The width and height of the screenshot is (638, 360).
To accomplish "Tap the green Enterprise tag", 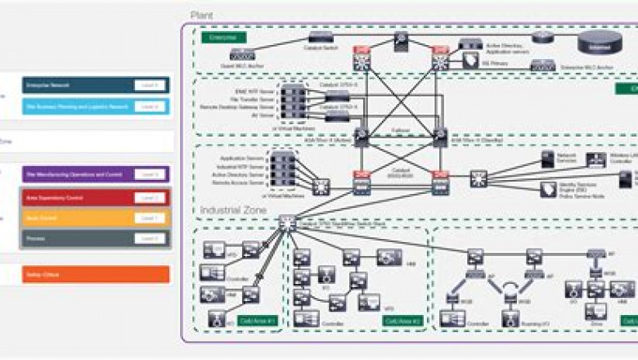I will pos(223,38).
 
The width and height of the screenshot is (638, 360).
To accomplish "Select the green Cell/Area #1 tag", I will pos(256,321).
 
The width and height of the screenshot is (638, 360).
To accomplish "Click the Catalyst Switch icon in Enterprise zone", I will pos(319,37).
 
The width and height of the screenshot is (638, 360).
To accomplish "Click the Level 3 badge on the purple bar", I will pos(149,174).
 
